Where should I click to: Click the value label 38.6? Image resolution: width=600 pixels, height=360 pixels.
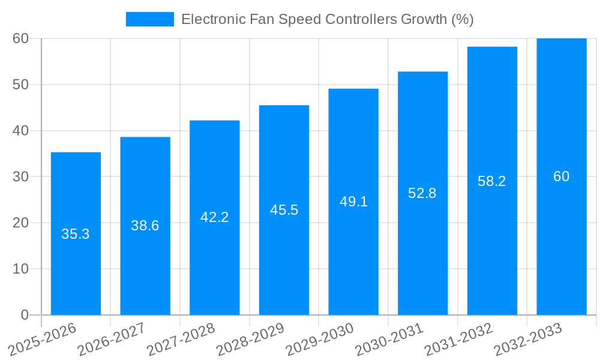pos(145,226)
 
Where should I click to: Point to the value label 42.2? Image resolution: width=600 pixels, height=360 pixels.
pos(214,217)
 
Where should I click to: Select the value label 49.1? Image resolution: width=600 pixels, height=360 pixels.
pos(353,202)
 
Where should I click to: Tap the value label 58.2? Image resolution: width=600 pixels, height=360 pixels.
pos(492,181)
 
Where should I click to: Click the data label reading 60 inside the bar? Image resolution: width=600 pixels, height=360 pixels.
pos(561,176)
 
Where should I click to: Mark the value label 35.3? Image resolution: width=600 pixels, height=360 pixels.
pos(76,234)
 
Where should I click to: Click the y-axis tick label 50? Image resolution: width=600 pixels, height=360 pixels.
pos(20,85)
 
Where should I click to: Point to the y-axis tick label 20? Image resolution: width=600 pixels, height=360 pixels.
pos(20,223)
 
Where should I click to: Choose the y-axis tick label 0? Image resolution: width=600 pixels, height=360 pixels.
pos(25,315)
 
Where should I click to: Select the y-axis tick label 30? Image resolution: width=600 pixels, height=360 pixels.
pos(20,176)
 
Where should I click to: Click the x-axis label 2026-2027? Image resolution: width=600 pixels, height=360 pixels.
pos(112,339)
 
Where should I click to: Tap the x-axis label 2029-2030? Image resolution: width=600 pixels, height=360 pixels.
pos(320,339)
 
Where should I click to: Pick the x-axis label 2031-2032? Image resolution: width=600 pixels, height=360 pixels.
pos(459,339)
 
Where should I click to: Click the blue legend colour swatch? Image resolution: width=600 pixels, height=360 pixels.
pos(149,19)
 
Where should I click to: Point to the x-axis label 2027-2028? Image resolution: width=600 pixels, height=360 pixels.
pos(181,339)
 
